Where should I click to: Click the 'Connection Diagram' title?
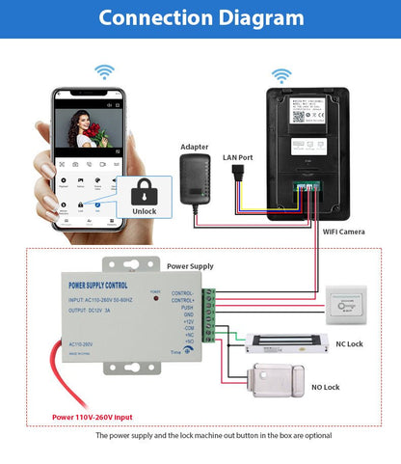coord(200,18)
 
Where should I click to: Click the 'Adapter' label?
coord(194,148)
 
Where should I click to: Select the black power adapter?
coord(194,177)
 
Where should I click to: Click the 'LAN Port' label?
coord(238,157)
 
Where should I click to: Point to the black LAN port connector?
coord(237,176)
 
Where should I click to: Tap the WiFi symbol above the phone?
coord(103,72)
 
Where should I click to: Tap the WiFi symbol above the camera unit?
coord(281,74)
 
